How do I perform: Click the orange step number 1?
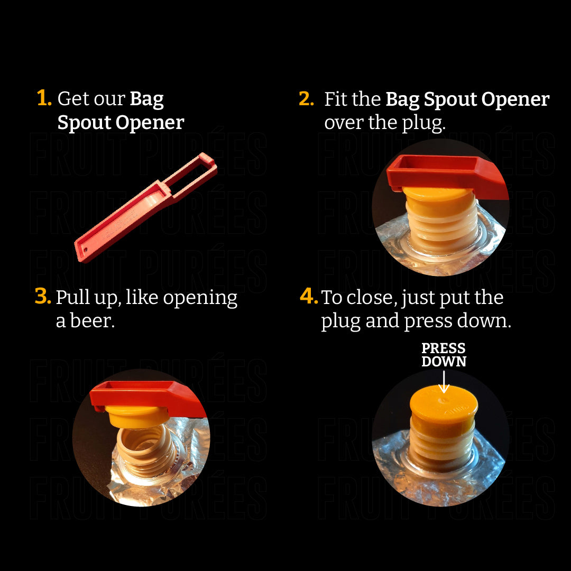point(44,98)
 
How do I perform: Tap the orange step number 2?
point(306,99)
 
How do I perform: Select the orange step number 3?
point(43,296)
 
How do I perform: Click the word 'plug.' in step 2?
point(423,123)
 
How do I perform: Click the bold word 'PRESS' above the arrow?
point(443,348)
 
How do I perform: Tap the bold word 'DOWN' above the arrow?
point(444,362)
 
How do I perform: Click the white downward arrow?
point(444,382)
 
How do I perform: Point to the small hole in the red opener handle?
point(86,250)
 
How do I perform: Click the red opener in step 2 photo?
point(447,174)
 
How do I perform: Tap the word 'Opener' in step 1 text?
point(150,123)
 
